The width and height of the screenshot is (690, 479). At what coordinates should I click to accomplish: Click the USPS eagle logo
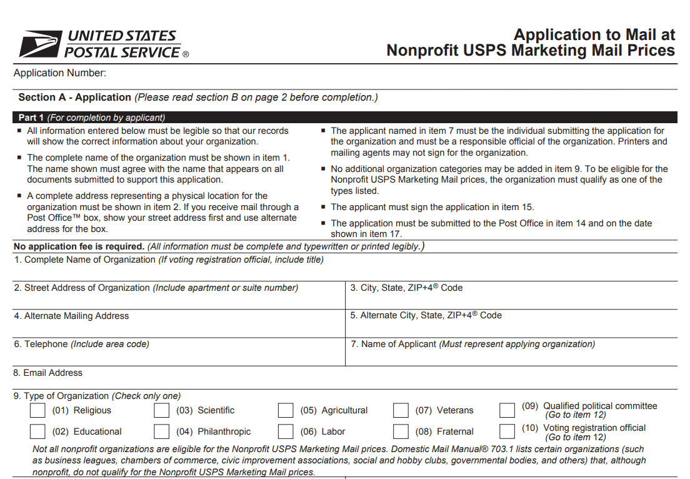click(40, 44)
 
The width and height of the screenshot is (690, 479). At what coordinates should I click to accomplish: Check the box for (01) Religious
click(38, 411)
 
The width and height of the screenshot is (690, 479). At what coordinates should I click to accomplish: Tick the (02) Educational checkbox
click(38, 431)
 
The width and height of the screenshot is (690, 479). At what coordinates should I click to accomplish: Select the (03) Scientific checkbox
click(162, 411)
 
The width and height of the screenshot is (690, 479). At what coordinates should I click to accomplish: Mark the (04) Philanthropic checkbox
click(162, 431)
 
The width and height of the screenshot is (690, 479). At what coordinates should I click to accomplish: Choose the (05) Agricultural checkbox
click(286, 411)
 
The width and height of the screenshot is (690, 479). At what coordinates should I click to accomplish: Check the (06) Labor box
click(286, 431)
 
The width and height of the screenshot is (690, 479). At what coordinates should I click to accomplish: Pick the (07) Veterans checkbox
click(401, 411)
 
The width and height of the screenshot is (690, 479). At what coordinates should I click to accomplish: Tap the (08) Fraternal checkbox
click(401, 431)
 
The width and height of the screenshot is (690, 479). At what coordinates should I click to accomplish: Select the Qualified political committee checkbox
click(507, 411)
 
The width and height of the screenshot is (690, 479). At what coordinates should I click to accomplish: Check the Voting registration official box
click(507, 431)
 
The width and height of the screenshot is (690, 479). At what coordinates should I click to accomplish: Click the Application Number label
click(60, 73)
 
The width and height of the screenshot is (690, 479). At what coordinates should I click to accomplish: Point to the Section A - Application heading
click(74, 98)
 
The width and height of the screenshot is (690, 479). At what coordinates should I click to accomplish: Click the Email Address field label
click(48, 373)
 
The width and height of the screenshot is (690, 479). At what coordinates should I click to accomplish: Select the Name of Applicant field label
click(394, 344)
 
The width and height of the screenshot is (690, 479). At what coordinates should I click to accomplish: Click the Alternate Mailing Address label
click(71, 316)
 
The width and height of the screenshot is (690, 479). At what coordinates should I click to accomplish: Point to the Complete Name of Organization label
click(84, 260)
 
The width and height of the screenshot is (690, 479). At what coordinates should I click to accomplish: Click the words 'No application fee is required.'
click(79, 246)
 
